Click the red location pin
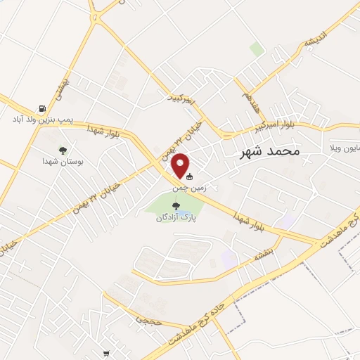(x=181, y=165)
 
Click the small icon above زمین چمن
(x=188, y=178)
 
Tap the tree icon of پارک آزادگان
(x=176, y=205)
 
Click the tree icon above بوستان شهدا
(x=63, y=150)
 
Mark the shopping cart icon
(x=106, y=353)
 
